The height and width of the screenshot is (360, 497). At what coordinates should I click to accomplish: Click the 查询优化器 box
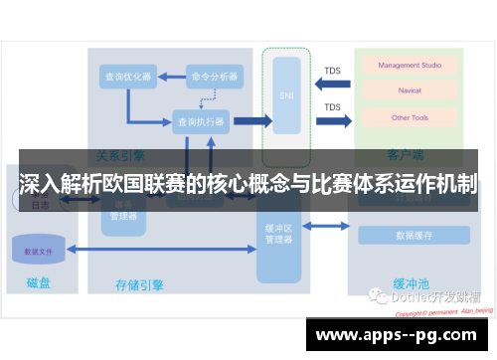tap(128, 78)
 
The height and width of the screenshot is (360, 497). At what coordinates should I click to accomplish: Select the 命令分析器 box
tap(215, 78)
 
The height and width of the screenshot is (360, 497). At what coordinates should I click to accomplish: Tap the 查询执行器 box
tap(201, 121)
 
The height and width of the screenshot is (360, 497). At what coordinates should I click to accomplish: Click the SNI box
tap(288, 95)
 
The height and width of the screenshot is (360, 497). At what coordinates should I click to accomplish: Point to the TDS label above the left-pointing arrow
tap(333, 71)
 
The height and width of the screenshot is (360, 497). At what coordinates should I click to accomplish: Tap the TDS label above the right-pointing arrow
tap(333, 107)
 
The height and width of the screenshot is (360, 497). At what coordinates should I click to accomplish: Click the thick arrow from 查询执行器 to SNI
tap(251, 121)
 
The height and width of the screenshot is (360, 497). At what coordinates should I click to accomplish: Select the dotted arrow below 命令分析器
tap(208, 97)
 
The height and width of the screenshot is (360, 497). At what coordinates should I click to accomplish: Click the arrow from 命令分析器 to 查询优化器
tap(171, 78)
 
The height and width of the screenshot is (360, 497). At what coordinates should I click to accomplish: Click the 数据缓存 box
tap(413, 236)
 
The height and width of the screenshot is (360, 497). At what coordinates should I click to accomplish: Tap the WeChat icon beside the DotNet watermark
tap(378, 295)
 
